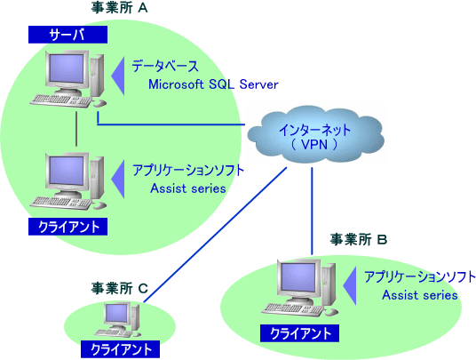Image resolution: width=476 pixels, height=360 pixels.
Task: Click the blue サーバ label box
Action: (67, 35)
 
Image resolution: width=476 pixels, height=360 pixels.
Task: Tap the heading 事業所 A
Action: (119, 9)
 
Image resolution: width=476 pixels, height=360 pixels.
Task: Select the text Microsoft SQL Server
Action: (213, 84)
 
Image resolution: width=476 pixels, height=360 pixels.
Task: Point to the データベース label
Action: (165, 67)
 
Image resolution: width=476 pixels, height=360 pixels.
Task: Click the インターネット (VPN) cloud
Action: (314, 135)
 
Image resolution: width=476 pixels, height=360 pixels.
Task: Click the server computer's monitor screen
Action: (67, 68)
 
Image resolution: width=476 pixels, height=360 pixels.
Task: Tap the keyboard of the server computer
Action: (61, 100)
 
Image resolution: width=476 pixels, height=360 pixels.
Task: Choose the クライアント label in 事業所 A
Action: (67, 227)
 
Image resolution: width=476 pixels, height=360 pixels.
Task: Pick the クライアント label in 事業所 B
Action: (299, 333)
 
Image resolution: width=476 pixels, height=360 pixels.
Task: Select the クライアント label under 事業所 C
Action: (120, 349)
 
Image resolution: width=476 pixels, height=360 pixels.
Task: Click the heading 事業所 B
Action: (359, 240)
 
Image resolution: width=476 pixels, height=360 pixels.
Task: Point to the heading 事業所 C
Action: (119, 288)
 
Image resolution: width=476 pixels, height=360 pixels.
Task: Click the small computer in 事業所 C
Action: (118, 320)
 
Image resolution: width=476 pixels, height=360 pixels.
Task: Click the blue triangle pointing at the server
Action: (118, 76)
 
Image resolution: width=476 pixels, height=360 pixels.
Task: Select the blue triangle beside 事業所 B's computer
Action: (350, 286)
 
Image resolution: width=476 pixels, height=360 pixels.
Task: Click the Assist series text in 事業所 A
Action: (188, 188)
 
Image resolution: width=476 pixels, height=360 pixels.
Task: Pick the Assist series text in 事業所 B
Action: (420, 295)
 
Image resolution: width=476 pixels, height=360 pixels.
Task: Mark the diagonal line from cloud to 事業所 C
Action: (215, 235)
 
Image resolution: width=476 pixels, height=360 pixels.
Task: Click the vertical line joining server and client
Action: (76, 129)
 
